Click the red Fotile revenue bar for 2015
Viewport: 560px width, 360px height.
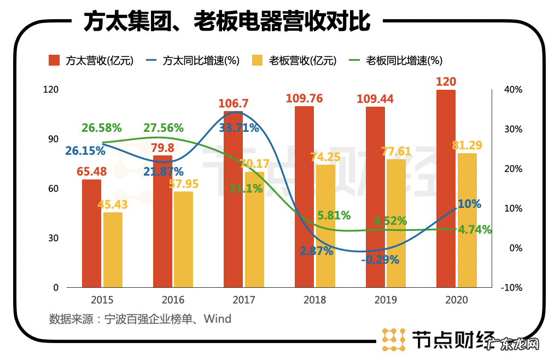coord(92,233)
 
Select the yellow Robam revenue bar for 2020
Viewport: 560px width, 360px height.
coord(467,220)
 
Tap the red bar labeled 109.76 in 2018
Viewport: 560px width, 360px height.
coord(305,197)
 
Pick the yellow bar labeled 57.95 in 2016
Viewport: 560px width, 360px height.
coord(183,239)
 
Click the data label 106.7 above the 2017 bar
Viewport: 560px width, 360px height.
coord(233,103)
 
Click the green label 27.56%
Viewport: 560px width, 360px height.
coord(164,128)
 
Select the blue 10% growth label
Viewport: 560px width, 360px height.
coord(469,204)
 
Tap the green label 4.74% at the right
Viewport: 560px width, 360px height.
coord(474,230)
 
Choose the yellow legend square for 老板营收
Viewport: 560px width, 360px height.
coord(258,60)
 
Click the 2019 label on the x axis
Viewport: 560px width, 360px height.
coord(386,300)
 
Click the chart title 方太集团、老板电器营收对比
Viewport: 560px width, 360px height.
coord(226,22)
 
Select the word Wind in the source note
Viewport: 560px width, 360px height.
coord(218,318)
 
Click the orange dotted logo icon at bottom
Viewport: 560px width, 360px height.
coord(393,339)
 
